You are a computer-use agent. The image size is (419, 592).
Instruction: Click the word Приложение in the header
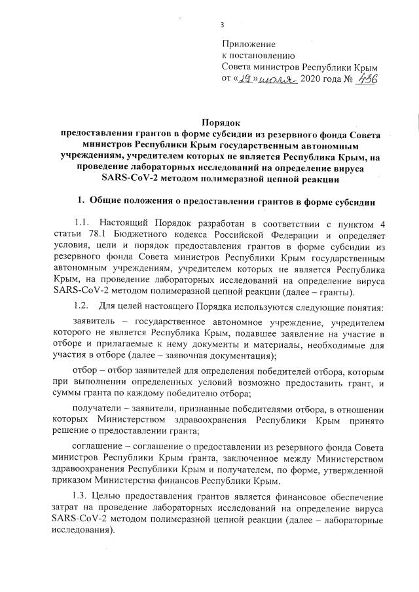tap(249, 44)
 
